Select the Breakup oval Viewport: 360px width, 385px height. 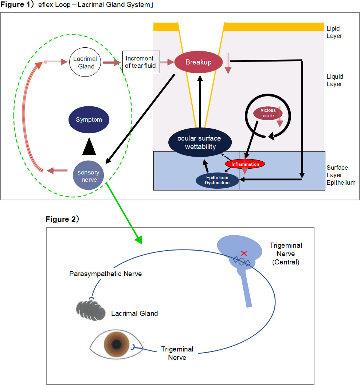point(198,62)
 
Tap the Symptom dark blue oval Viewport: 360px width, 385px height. point(89,120)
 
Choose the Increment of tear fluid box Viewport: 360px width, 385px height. point(141,62)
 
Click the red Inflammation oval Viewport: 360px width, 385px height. point(244,164)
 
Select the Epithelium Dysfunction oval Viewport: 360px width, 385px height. point(217,180)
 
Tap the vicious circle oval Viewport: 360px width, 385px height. point(269,113)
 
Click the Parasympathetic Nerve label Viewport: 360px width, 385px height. point(106,274)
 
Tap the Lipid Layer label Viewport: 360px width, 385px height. point(334,32)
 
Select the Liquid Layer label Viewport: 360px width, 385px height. point(334,80)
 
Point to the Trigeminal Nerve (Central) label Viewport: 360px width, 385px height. point(286,254)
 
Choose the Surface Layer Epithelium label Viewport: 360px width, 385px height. point(341,175)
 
